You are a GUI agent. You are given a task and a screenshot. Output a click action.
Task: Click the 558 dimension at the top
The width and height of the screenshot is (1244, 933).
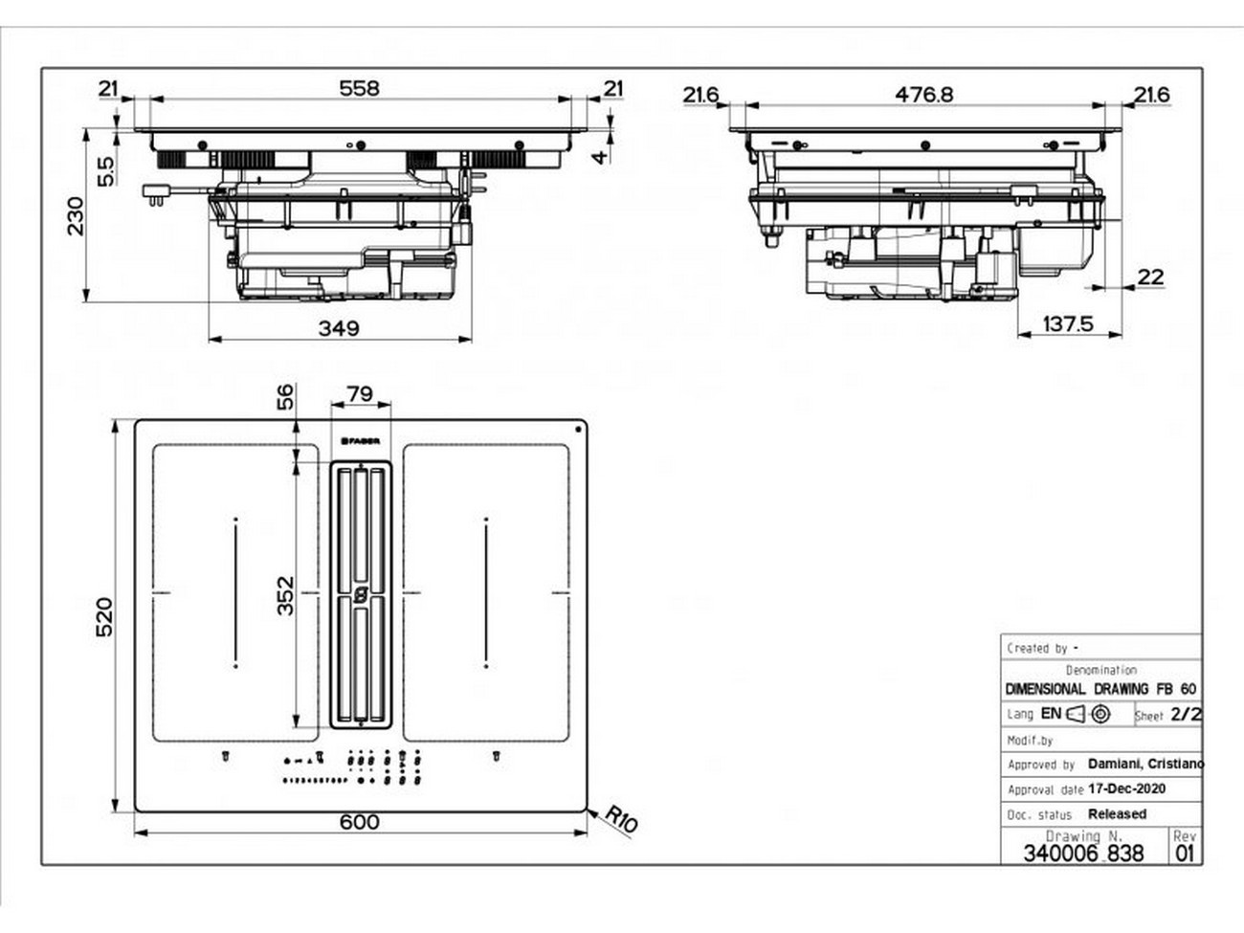click(359, 88)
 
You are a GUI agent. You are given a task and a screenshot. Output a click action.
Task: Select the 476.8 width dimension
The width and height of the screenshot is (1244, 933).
click(923, 94)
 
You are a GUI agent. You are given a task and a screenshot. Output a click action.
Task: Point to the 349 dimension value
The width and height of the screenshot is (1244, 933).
click(338, 328)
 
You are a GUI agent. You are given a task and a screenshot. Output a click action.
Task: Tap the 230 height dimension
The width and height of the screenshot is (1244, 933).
click(76, 215)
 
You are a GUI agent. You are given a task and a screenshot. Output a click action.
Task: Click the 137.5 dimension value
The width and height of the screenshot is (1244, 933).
click(1067, 324)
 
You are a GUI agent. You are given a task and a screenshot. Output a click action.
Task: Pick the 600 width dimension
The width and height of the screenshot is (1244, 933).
click(359, 822)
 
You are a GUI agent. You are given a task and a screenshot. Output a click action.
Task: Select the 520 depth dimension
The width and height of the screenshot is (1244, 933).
click(103, 616)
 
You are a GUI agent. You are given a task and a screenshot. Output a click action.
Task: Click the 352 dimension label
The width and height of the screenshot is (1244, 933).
click(284, 594)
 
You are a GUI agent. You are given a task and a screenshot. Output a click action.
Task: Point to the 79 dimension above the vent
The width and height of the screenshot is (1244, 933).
click(359, 394)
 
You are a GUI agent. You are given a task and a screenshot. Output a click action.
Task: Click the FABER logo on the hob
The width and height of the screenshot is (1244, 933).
click(361, 441)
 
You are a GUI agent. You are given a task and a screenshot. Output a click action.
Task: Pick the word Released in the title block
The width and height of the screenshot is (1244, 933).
click(1117, 813)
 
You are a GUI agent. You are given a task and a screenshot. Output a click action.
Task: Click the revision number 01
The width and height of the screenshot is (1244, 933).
click(1185, 854)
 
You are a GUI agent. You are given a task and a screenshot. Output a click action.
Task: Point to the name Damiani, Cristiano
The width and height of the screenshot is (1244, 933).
click(1145, 764)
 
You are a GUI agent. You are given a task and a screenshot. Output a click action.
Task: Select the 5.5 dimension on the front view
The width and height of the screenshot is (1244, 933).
click(105, 171)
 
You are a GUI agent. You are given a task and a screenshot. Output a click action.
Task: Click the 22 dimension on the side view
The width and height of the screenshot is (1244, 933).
click(1150, 277)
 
